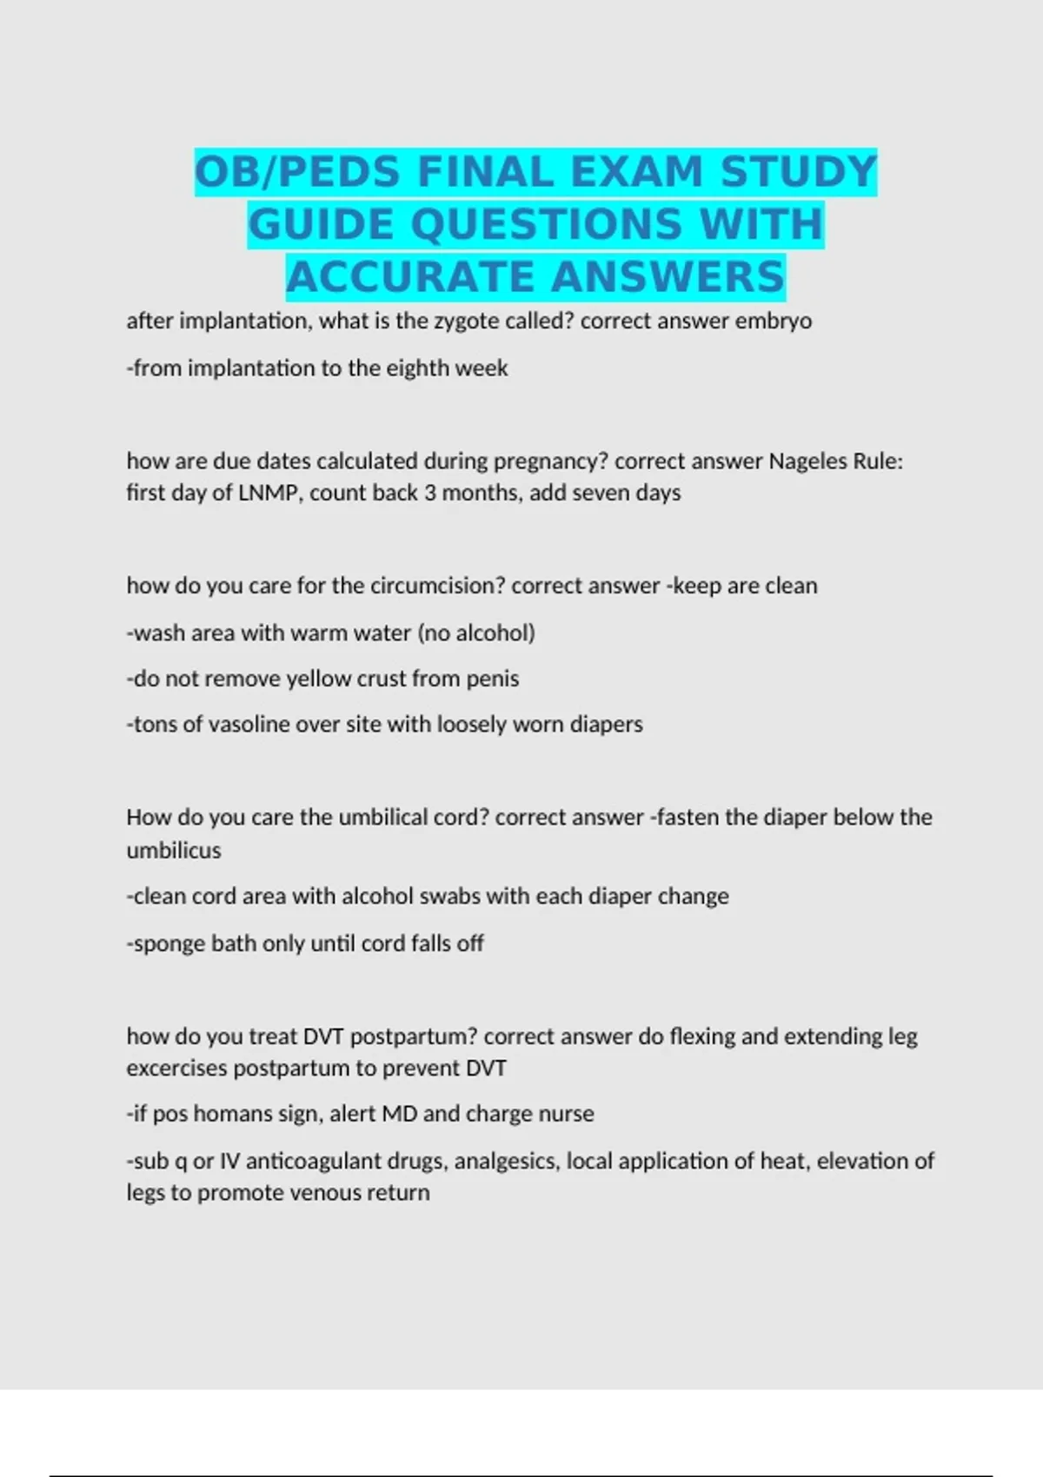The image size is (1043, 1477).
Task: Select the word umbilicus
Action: [174, 851]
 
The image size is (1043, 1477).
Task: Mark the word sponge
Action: [169, 944]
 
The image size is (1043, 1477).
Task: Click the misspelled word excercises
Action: [176, 1069]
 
